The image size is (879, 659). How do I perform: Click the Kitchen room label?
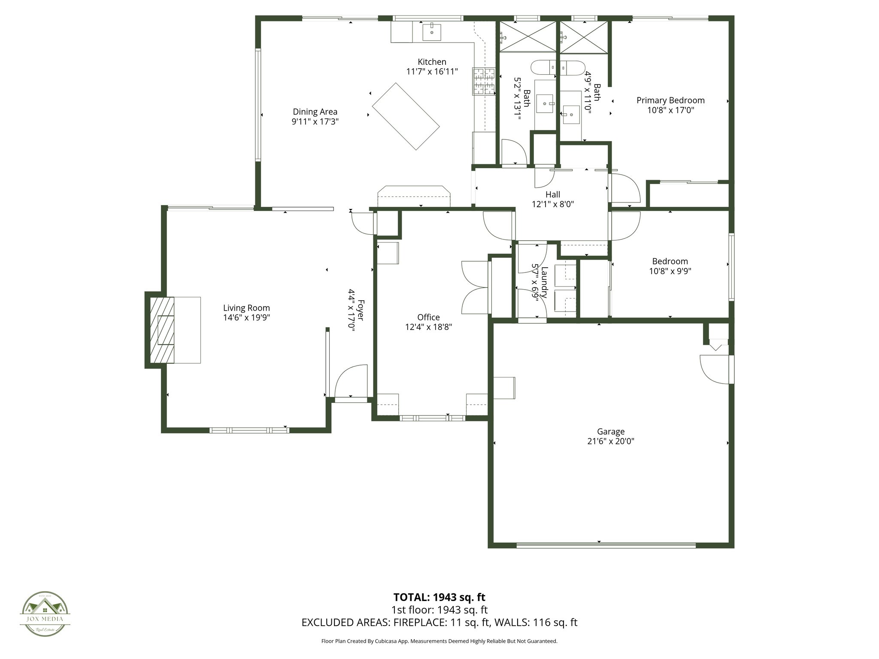pos(432,62)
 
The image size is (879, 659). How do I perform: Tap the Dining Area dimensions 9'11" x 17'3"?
pos(315,121)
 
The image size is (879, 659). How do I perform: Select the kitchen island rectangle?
pos(406,116)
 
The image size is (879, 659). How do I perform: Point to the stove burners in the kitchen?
pos(484,81)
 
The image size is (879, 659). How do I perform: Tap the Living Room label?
pos(246,308)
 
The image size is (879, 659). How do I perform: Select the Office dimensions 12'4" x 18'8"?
pos(428,326)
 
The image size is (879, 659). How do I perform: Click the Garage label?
pos(610,431)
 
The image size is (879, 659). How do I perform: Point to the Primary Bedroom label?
pos(670,100)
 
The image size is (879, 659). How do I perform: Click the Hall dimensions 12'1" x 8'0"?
pos(553,204)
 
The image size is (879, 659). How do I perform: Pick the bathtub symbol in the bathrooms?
pos(558,68)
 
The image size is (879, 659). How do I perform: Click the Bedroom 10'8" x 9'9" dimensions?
pos(670,271)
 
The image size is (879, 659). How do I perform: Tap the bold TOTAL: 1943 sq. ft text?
pos(439,597)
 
